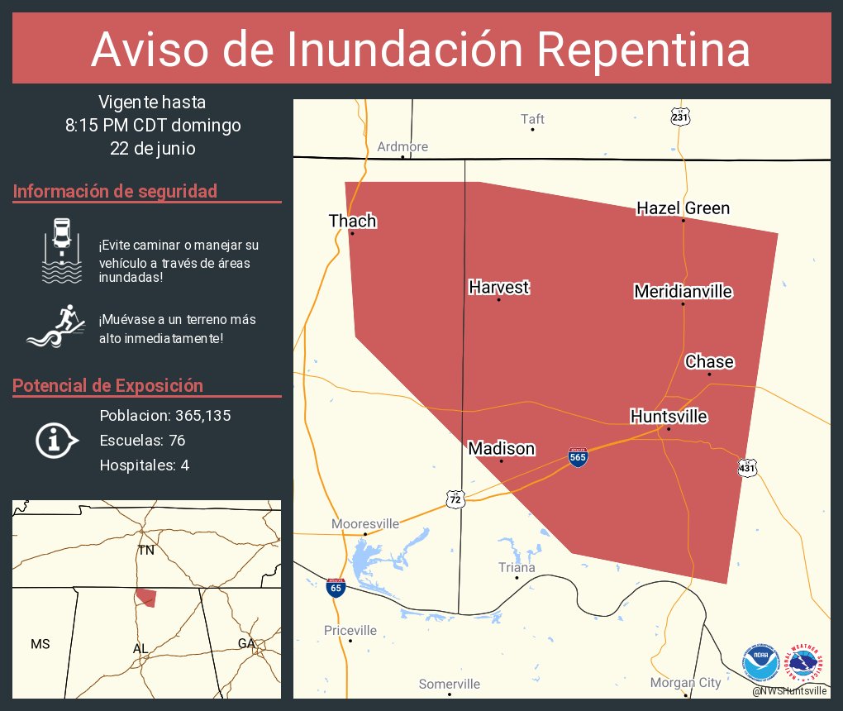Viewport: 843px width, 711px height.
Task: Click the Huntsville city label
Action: pos(669,416)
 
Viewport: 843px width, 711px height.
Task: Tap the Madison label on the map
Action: pos(501,449)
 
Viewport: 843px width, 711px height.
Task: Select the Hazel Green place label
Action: pos(683,208)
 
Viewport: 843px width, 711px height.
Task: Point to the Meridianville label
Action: pos(683,291)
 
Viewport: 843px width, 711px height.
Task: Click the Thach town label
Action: pos(352,221)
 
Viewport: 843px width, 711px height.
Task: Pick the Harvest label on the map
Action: pos(498,287)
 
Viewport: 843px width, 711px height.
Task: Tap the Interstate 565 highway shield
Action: pos(579,457)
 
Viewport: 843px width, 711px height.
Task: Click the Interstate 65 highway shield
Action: pos(336,588)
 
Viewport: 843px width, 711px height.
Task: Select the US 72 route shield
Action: pos(456,499)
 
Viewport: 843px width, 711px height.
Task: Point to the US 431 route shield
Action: pos(746,468)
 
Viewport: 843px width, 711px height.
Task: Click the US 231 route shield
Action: pos(679,117)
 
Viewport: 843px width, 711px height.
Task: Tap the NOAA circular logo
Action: pos(760,662)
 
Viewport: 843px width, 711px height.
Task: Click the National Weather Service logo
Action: pos(807,662)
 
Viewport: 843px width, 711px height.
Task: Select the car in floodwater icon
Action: pos(61,251)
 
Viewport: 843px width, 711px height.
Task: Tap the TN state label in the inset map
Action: pos(146,550)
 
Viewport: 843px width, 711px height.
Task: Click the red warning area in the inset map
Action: pos(145,597)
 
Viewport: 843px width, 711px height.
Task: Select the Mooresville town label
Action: pos(365,523)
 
